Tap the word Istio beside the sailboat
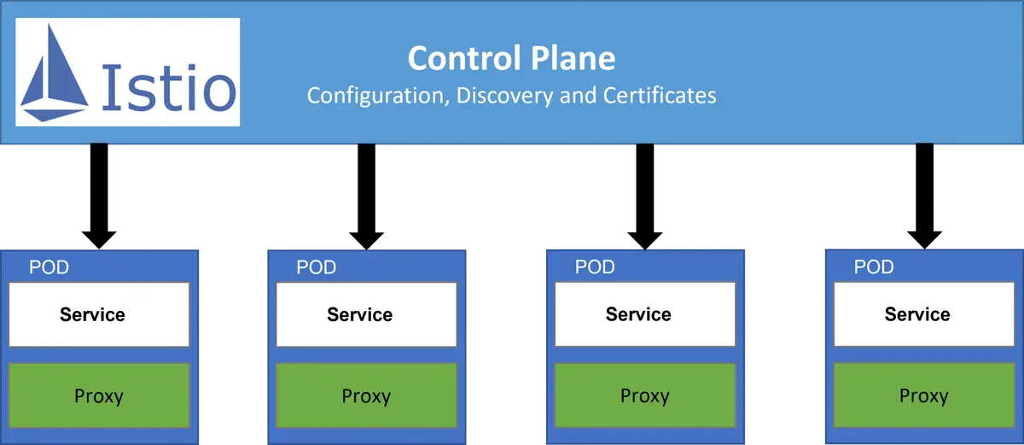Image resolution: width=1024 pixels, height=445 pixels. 167,88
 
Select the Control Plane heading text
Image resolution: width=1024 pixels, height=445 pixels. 511,58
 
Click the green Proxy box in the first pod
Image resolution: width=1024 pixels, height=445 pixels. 99,395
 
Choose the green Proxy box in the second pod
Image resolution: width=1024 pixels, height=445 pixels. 366,395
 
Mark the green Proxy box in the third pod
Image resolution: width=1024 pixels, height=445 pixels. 644,395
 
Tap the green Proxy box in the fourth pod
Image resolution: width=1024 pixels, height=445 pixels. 923,395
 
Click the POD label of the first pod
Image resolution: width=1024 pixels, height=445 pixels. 49,267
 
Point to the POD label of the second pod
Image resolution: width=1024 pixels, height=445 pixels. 317,267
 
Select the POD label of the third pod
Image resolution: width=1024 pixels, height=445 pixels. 595,267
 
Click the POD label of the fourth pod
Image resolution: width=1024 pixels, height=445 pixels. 874,267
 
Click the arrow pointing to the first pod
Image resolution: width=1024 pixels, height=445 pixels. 100,196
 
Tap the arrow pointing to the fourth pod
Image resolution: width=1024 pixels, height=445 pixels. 925,196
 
